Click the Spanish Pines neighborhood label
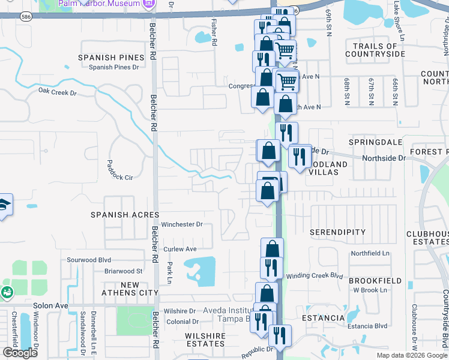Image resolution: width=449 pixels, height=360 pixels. tap(111, 58)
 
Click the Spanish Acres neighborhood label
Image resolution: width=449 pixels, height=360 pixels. tap(125, 215)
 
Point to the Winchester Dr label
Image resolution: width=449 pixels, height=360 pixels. tap(182, 224)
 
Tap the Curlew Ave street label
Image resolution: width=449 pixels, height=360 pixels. tap(179, 249)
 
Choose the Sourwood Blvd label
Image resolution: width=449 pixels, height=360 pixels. tap(89, 260)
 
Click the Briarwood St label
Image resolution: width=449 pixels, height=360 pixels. tap(123, 271)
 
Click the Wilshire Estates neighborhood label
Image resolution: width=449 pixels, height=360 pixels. tap(205, 340)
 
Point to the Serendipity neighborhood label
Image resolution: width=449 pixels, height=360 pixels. tap(337, 232)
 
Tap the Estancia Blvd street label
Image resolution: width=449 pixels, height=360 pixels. tap(366, 326)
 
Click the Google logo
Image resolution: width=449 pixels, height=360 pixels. tap(20, 353)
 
